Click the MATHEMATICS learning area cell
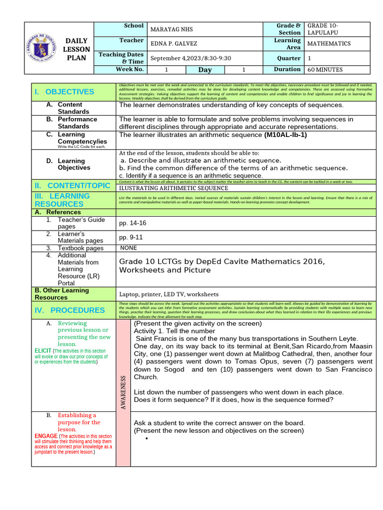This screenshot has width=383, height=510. tap(329, 44)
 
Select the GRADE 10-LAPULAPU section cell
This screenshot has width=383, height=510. tap(325, 29)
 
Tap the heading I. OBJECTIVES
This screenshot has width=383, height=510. tap(64, 92)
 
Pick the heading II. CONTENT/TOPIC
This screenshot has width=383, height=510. tap(72, 186)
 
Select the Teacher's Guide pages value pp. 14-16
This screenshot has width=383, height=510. tap(133, 223)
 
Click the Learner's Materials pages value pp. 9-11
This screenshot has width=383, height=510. tap(131, 238)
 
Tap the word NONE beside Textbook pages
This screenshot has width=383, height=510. tap(129, 248)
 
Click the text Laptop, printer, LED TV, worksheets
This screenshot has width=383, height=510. tap(169, 294)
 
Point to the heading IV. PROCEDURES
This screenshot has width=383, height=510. tap(69, 310)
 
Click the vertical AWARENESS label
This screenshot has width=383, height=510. tap(123, 393)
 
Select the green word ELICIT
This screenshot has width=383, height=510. tap(43, 351)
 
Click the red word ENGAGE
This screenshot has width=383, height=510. tap(46, 436)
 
